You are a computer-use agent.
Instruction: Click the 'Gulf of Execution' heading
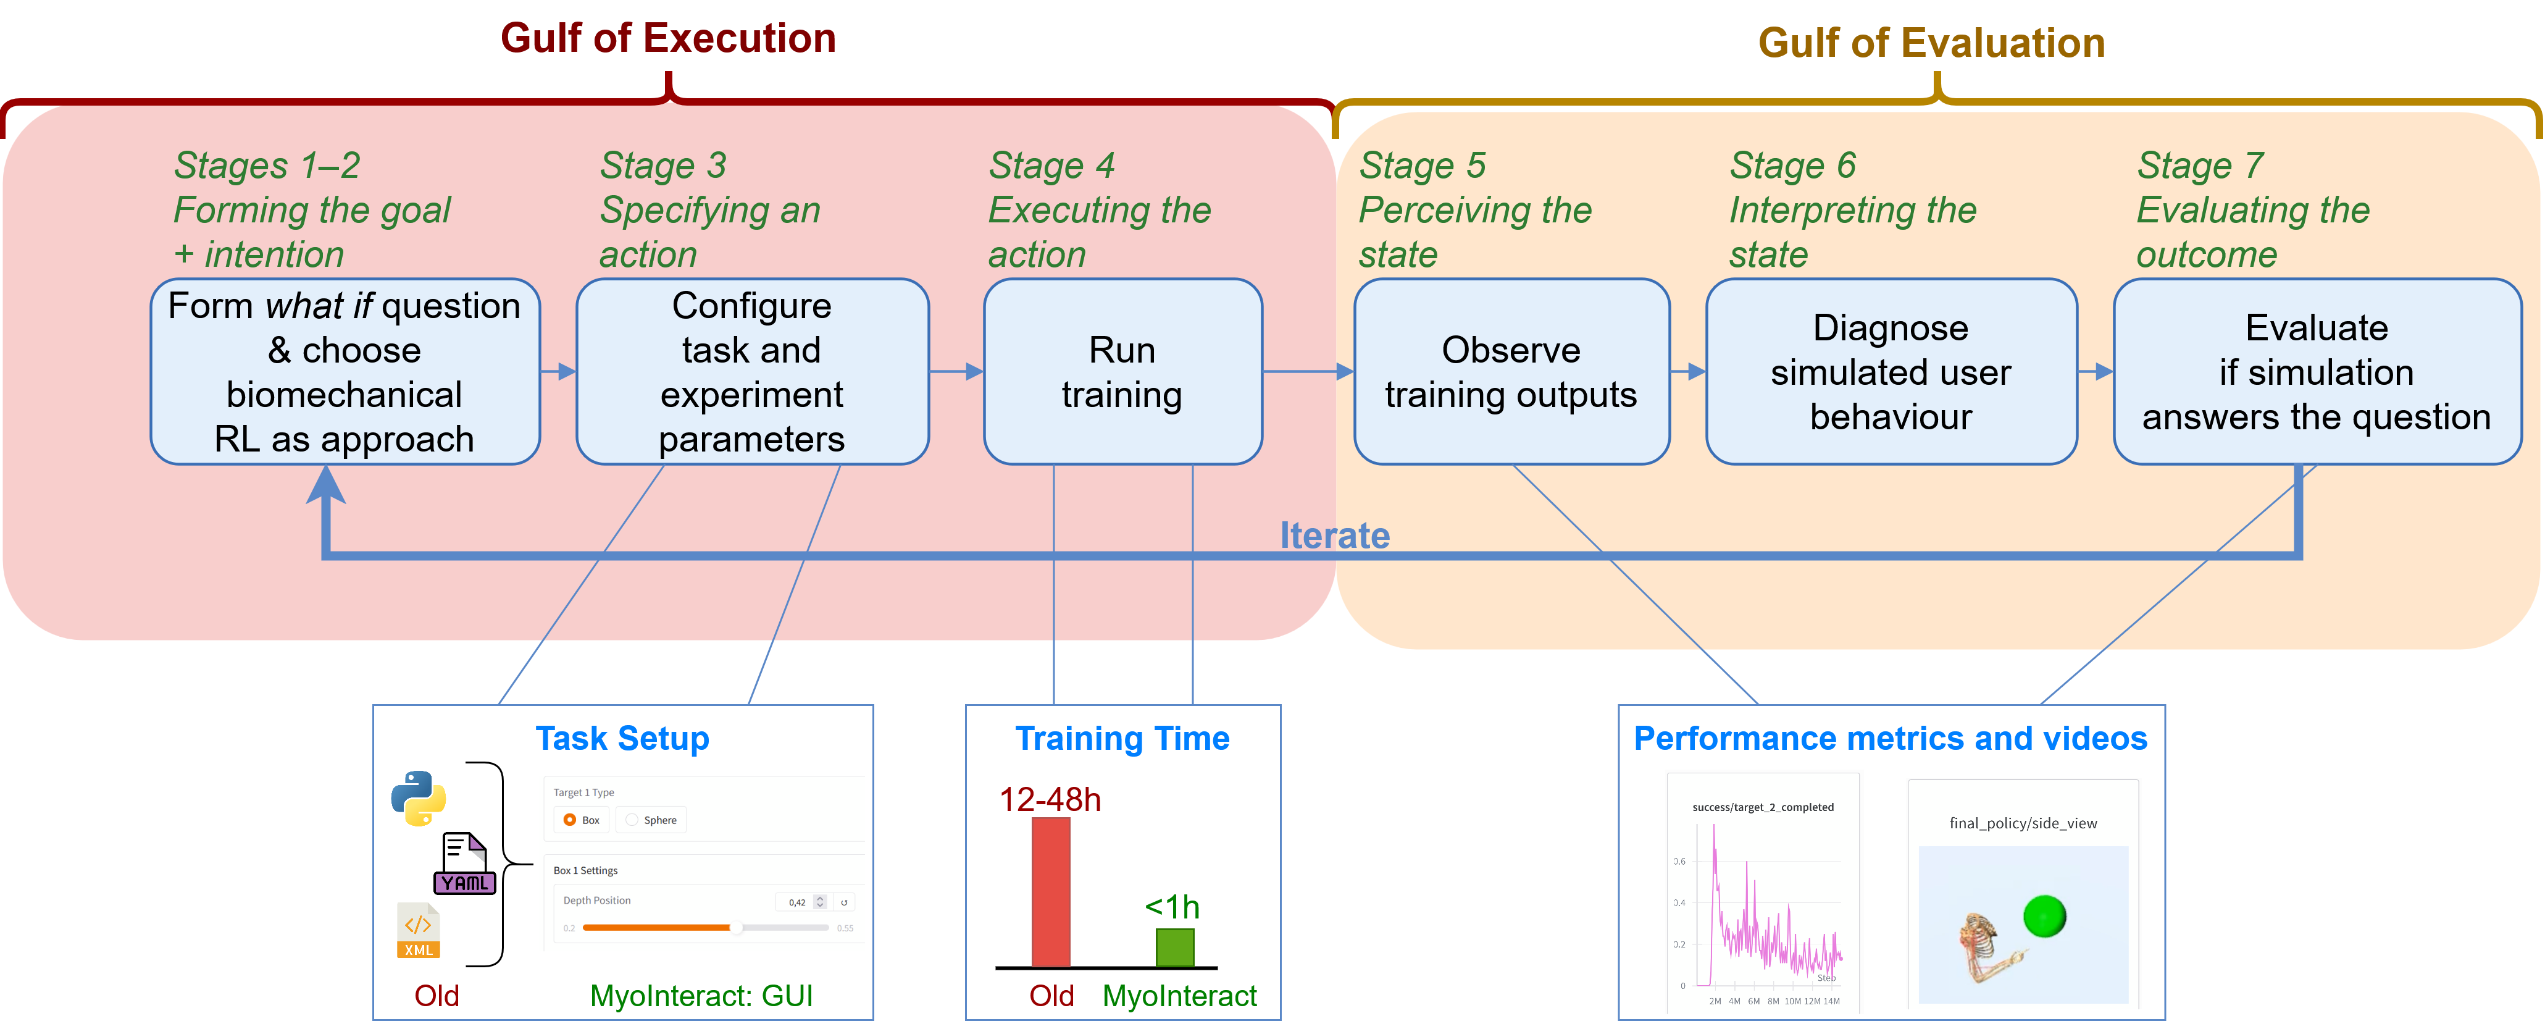pos(668,38)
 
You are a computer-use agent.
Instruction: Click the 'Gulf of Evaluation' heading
pos(1931,43)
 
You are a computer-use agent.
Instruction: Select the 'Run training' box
pos(1122,372)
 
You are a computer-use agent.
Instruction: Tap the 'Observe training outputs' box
pos(1511,372)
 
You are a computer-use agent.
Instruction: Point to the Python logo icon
pos(418,797)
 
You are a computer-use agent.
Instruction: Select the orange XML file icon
pos(418,931)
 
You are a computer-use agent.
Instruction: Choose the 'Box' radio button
pos(570,820)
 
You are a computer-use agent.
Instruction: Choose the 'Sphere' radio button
pos(632,820)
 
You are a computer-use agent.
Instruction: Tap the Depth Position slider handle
pos(735,927)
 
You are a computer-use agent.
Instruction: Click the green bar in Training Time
pos(1175,947)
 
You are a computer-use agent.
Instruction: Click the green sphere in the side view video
pos(2044,916)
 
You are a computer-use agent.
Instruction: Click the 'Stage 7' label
pos(2199,165)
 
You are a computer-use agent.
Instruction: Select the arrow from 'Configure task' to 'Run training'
pos(955,372)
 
